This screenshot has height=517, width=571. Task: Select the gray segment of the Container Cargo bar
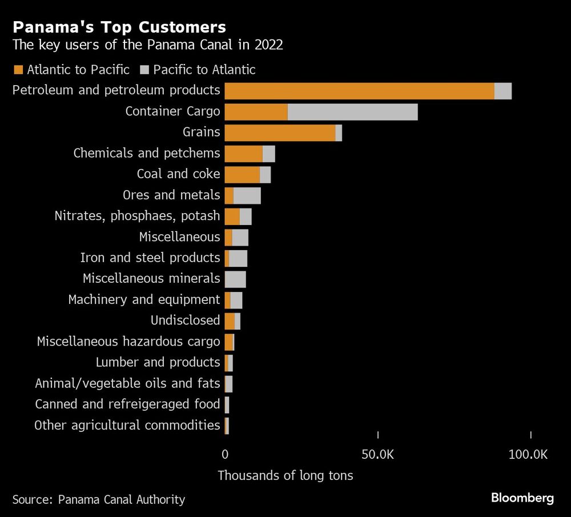point(352,112)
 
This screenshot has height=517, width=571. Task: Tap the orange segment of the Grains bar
point(280,133)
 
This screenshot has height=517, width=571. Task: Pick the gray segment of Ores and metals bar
point(247,195)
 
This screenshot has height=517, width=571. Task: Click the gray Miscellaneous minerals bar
point(235,279)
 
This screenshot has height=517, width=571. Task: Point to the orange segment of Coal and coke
point(242,174)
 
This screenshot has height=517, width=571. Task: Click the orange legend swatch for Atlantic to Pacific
point(18,70)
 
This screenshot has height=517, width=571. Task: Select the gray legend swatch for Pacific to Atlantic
point(144,70)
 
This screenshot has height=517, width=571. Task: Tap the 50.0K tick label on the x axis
point(378,455)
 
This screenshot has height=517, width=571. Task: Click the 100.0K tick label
point(528,455)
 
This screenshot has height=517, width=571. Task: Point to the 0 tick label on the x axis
point(224,455)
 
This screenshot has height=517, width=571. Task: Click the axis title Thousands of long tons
point(285,475)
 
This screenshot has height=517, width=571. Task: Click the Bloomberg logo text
point(522,498)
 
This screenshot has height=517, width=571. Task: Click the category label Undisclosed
point(185,320)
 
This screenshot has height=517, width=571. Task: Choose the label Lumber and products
point(158,362)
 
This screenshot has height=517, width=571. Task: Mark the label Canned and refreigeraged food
point(127,404)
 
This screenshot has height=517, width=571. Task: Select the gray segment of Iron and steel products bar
point(238,258)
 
